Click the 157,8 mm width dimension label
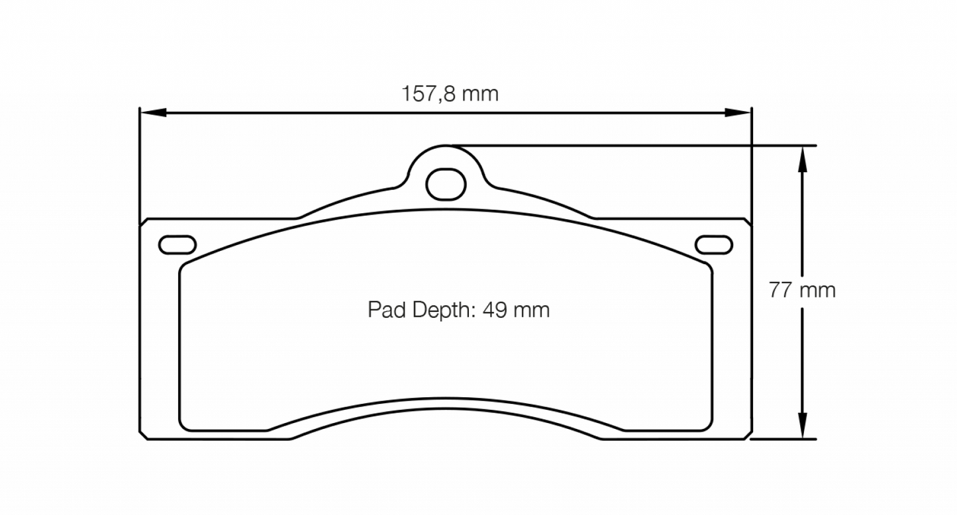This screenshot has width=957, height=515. coord(450,94)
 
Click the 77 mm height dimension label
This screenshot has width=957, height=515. coord(802,290)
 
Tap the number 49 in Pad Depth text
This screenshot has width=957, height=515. coord(493,310)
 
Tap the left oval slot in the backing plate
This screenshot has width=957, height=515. coord(177,244)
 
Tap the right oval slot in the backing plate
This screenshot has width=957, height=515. coord(714,244)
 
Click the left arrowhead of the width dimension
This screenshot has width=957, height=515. coord(151,113)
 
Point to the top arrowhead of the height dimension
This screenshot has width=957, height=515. coord(802,158)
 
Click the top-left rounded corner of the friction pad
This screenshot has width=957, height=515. coord(185,266)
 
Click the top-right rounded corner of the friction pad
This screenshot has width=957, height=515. coord(707,266)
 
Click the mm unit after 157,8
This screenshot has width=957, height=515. coord(480,94)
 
